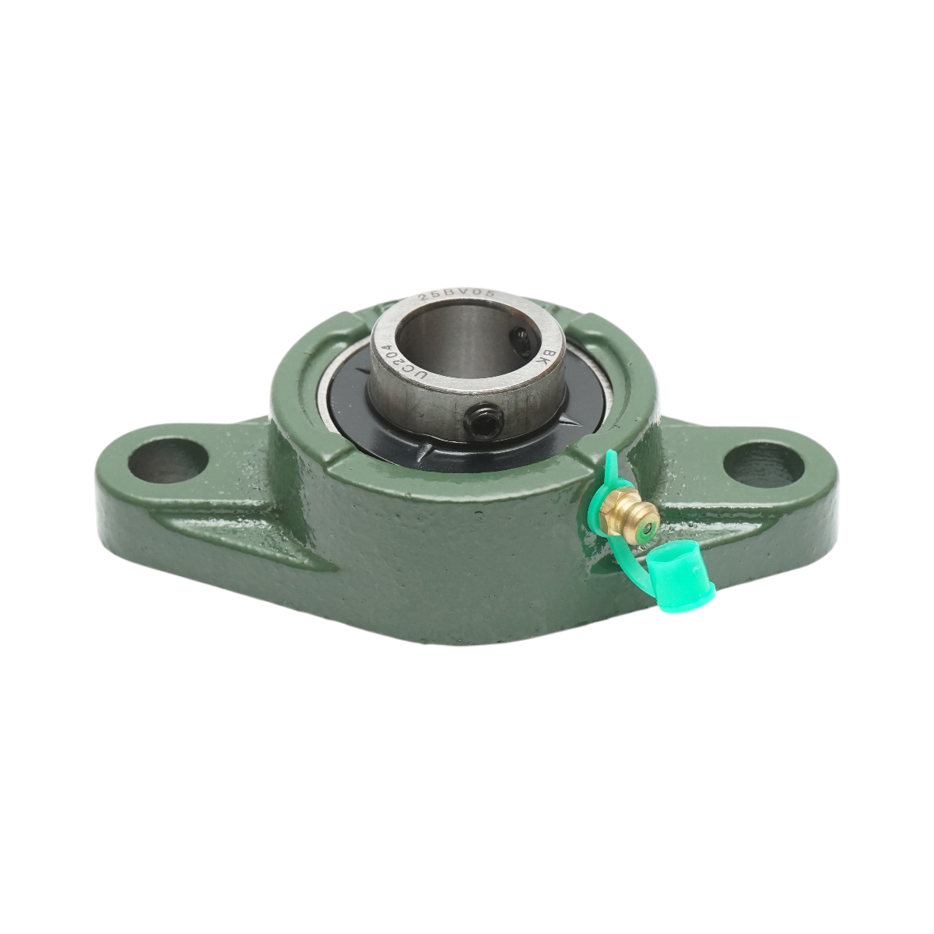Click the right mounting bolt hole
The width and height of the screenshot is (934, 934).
click(x=764, y=462)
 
